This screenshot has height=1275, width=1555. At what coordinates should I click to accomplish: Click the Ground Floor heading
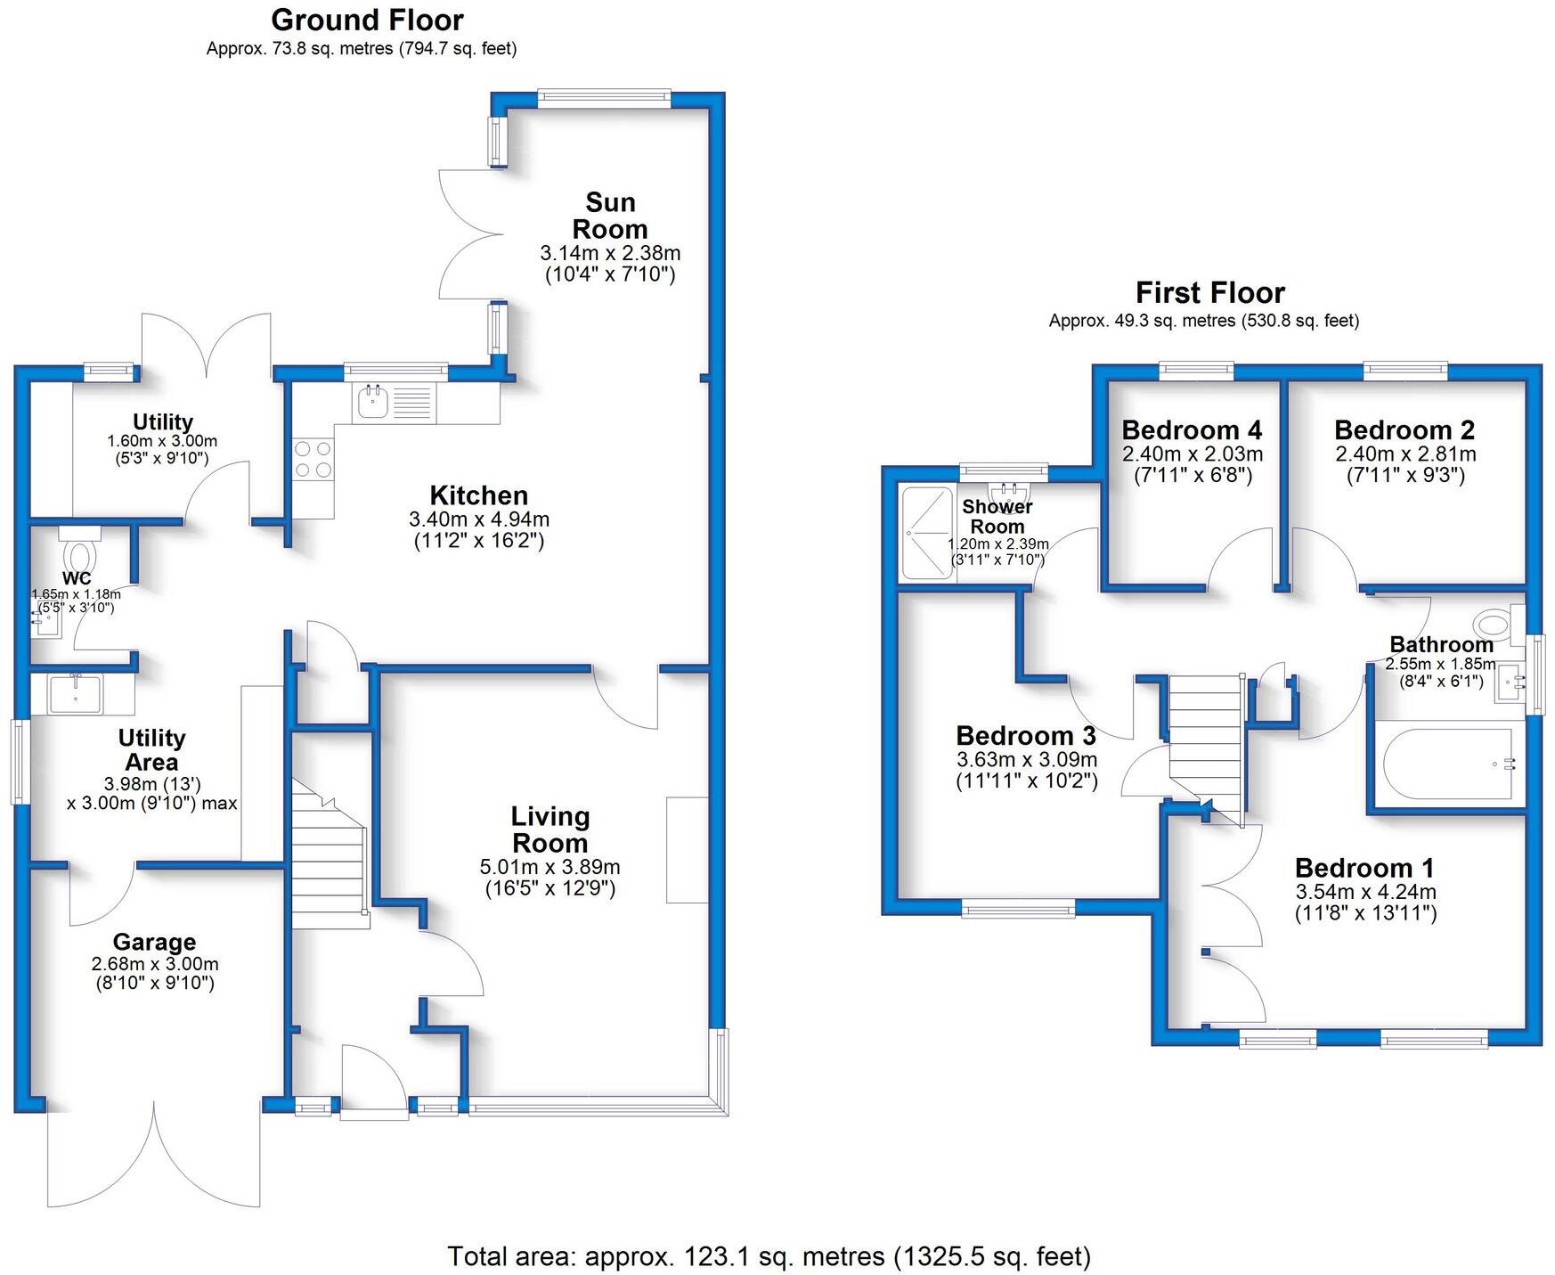(367, 20)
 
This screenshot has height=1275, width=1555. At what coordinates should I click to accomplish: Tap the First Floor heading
(1209, 292)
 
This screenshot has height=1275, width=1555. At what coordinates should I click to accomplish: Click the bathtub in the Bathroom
(1446, 764)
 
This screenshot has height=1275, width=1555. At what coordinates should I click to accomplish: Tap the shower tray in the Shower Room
(926, 533)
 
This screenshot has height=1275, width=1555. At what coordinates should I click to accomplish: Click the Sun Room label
(610, 216)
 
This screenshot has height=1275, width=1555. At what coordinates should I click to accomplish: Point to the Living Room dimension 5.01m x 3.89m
(550, 867)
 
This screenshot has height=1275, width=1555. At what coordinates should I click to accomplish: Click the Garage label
(154, 942)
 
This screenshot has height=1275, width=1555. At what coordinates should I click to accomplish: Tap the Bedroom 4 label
(1192, 430)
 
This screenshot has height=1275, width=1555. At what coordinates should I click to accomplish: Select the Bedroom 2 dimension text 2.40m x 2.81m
(1404, 454)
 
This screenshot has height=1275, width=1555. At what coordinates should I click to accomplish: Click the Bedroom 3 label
(1025, 736)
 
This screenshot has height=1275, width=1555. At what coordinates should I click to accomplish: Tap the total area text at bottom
(768, 1256)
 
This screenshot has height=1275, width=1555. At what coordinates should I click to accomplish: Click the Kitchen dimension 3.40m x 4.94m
(478, 519)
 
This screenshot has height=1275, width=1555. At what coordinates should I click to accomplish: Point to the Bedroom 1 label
(1364, 868)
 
